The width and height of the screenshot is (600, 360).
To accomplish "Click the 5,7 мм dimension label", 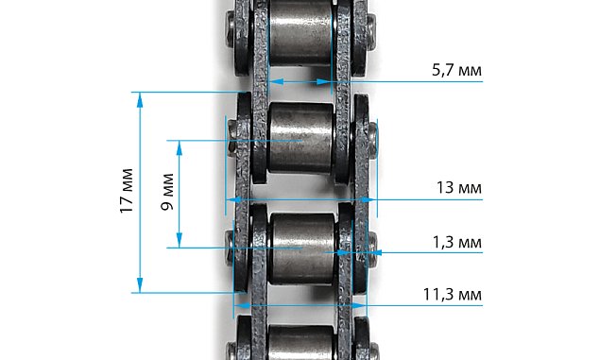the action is tap(456, 70).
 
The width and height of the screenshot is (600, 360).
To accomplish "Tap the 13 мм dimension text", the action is tap(459, 188).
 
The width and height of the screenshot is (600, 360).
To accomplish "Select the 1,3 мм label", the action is tap(457, 242).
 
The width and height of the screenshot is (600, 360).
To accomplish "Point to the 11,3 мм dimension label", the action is tap(453, 295).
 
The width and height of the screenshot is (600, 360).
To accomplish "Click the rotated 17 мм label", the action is tap(127, 191).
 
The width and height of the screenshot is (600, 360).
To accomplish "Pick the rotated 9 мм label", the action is tap(167, 192).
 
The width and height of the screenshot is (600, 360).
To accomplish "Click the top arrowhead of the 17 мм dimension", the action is tap(140, 99).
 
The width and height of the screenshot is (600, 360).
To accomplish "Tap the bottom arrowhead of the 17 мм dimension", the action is tap(140, 285).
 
